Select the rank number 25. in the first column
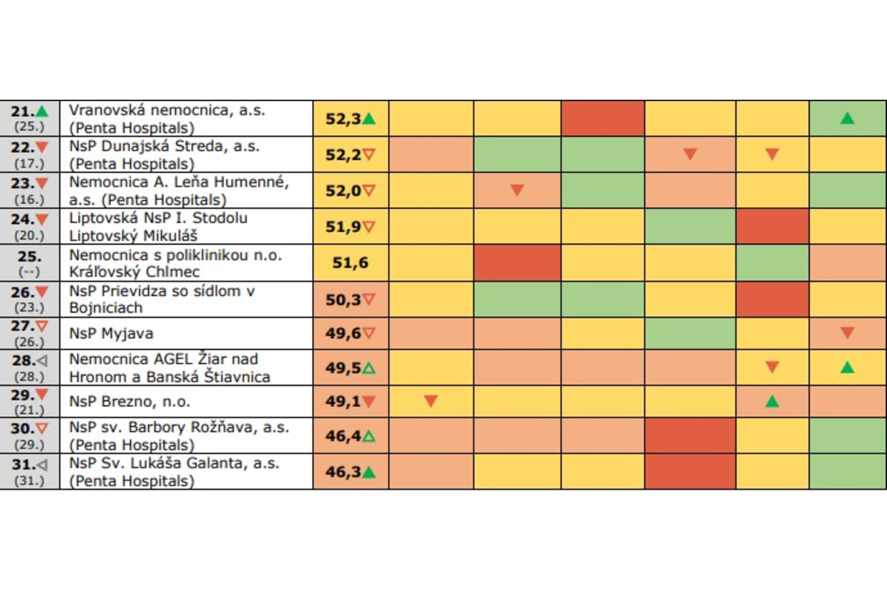click(x=30, y=255)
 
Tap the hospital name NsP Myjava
click(x=111, y=333)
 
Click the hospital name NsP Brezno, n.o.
click(x=129, y=402)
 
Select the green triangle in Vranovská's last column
click(x=847, y=118)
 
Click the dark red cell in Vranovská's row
click(x=602, y=118)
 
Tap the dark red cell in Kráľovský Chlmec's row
click(x=517, y=262)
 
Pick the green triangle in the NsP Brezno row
click(x=772, y=402)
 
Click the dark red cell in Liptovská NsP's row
click(x=772, y=226)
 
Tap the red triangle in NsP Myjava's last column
click(x=847, y=333)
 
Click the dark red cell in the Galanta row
click(x=690, y=471)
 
